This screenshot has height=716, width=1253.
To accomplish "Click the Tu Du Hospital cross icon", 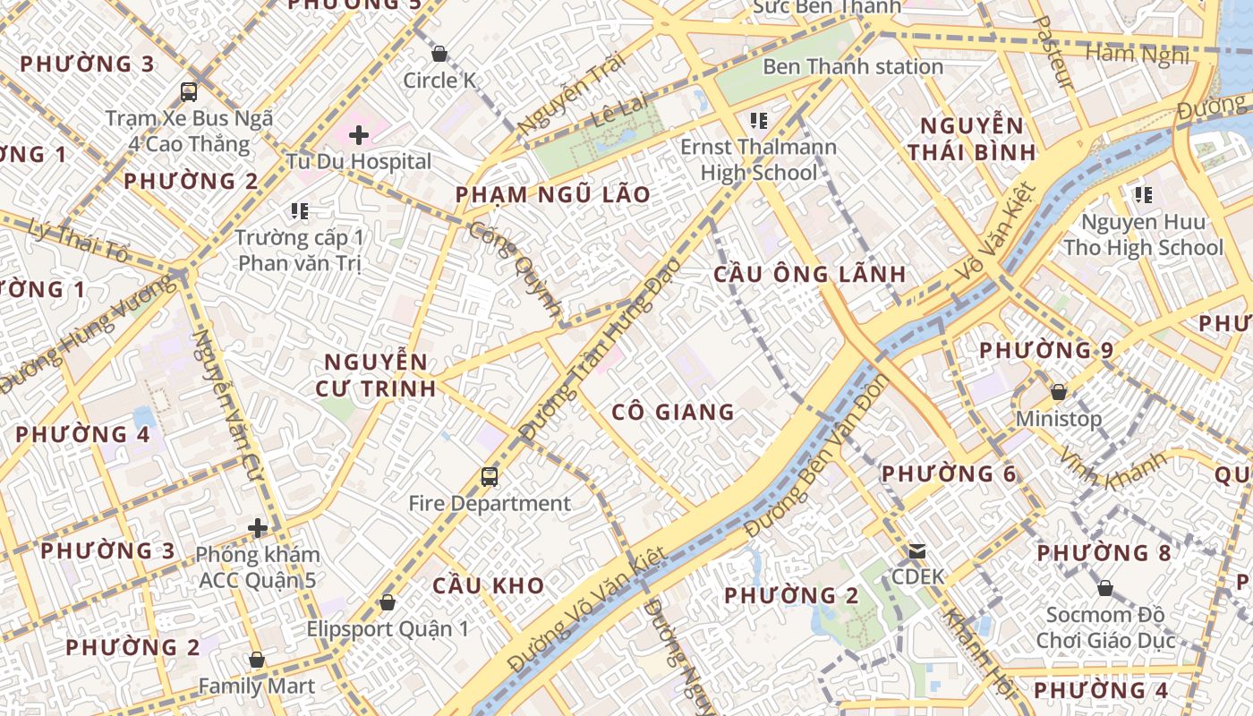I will point(359,135).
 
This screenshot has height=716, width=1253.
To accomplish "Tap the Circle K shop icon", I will point(439,54).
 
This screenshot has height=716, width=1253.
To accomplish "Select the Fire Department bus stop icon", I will point(489,476).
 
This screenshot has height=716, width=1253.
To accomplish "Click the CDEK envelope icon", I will point(917,550).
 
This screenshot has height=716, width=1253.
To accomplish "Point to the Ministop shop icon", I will point(1059,392).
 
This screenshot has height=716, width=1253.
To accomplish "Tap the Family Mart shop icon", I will point(257,660).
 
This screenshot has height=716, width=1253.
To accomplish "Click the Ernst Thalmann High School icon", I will point(759,120).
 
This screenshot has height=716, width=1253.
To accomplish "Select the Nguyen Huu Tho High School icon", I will point(1143,194).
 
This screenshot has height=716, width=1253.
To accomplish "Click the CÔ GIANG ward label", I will point(673,412).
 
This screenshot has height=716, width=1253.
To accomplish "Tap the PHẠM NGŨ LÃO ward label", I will point(552,195).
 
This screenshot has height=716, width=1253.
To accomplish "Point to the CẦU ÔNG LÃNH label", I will point(810,274).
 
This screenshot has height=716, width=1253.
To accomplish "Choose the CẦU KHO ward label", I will point(488,585).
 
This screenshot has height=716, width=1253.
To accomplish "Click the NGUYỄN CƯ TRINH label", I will point(376,375).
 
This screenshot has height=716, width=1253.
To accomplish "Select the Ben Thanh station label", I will point(852,66).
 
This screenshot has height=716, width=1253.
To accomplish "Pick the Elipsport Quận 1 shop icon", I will point(388,602).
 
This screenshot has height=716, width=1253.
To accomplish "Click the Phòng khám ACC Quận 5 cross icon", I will point(258,528).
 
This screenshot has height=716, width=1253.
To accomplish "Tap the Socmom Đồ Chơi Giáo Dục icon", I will point(1105,588).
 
